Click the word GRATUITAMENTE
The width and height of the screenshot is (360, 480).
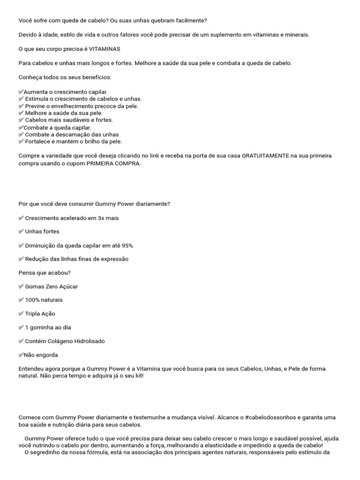click(265, 155)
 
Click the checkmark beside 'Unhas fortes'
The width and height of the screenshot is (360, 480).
click(21, 232)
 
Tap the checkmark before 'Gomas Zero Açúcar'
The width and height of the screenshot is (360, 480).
click(21, 286)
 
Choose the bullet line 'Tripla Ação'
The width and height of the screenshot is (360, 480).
click(40, 314)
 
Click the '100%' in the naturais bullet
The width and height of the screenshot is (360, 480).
click(32, 300)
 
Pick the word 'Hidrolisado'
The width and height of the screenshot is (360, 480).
click(90, 341)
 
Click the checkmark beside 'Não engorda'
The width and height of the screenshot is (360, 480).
click(21, 355)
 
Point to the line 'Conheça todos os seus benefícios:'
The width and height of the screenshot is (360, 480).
click(65, 77)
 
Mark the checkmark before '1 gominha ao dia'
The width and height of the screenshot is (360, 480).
click(21, 327)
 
